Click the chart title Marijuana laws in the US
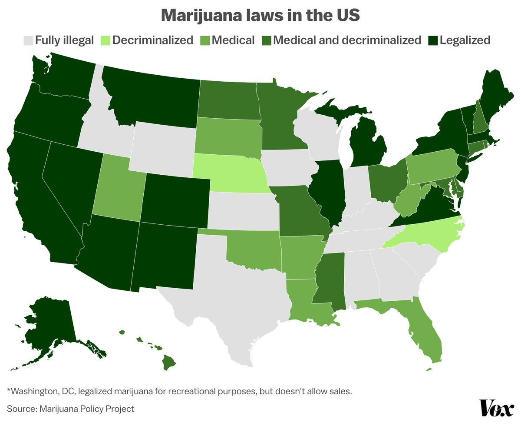coord(260,15)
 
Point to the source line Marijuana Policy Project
coord(70,409)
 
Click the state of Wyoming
coord(163,146)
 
